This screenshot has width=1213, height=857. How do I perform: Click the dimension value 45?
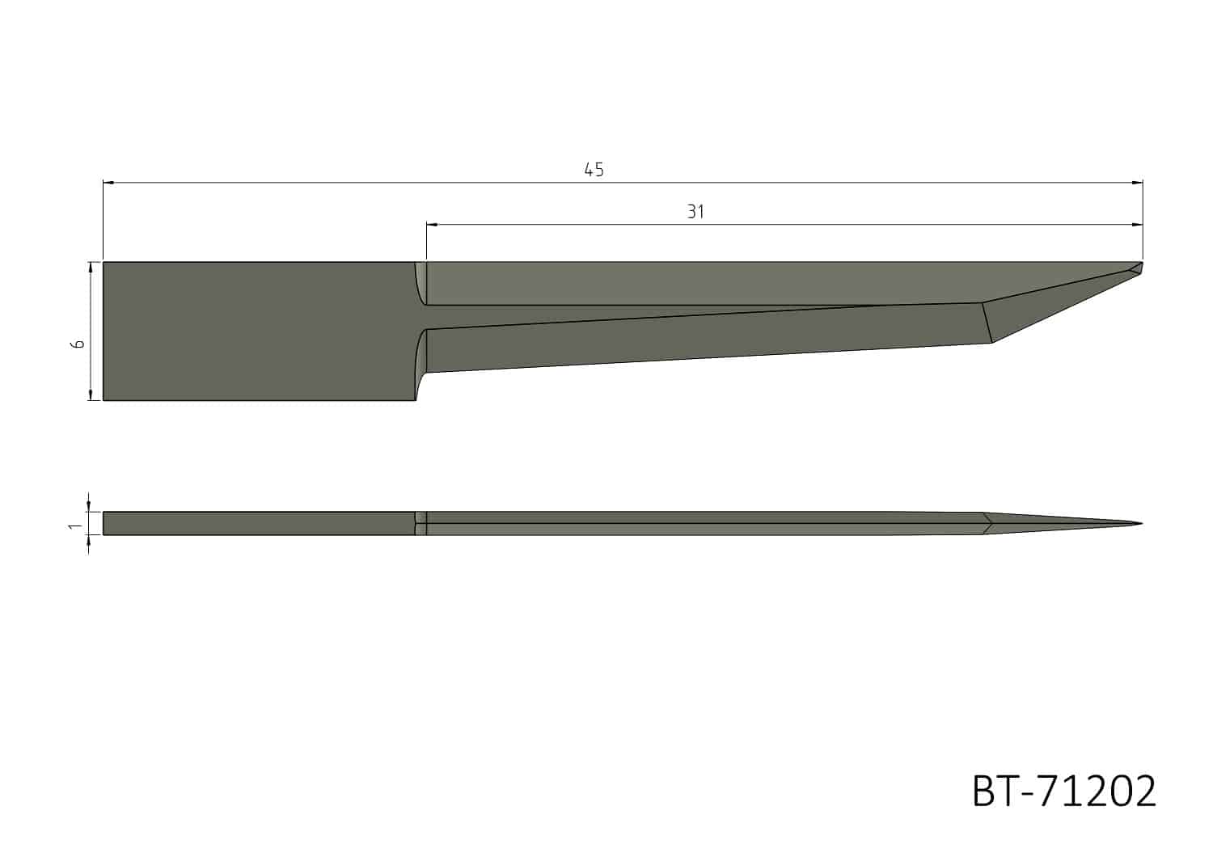click(594, 170)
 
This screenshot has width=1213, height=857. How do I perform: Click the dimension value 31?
click(695, 212)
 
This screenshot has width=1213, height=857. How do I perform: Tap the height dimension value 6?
click(78, 344)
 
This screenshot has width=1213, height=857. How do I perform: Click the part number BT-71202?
click(1063, 792)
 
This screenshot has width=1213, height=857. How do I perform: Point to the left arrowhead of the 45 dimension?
click(108, 183)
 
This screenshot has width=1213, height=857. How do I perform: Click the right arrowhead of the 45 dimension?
click(1138, 183)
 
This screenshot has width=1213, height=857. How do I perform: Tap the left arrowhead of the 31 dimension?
click(431, 224)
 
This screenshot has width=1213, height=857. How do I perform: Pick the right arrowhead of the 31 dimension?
click(1138, 224)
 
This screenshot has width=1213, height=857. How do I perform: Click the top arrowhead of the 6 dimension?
click(91, 267)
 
